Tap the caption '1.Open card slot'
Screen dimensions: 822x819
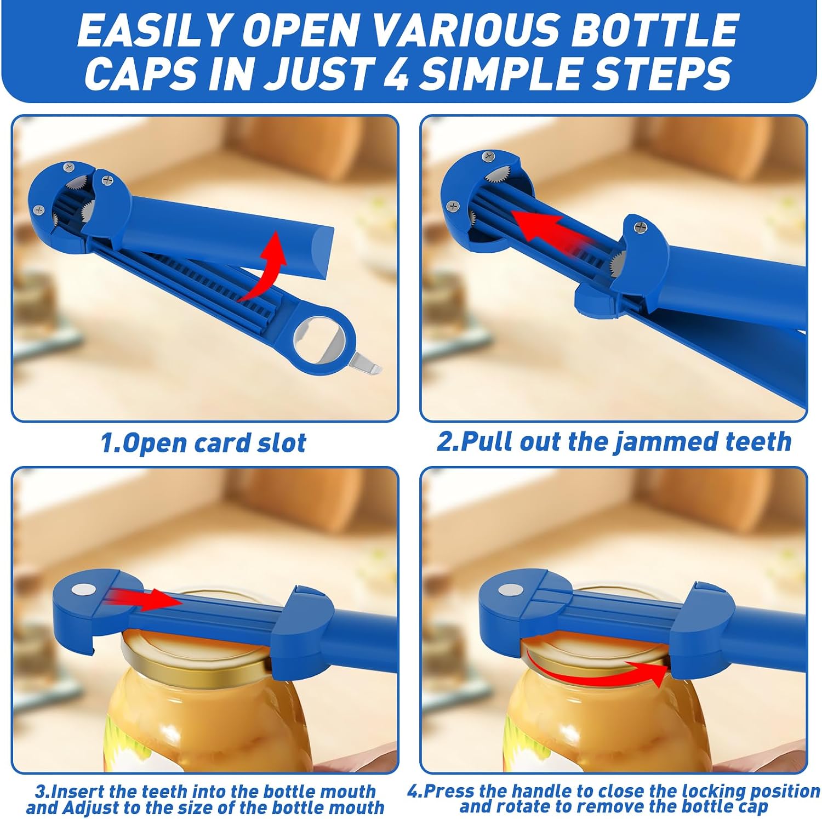click(203, 443)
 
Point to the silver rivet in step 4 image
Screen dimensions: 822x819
click(510, 590)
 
